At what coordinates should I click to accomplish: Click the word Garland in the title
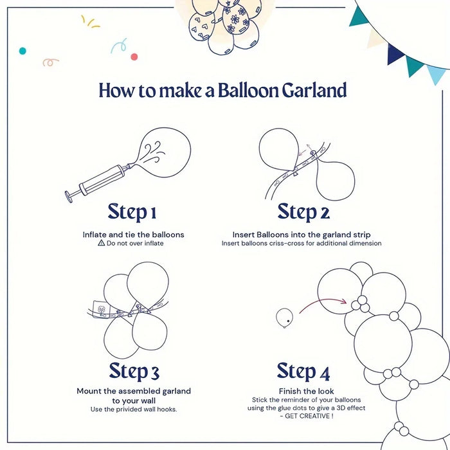point(314,91)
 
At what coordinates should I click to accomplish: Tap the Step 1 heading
point(132,212)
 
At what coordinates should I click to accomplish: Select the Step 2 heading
point(303,212)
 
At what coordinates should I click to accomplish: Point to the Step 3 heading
point(134,371)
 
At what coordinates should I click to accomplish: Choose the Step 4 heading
point(303,371)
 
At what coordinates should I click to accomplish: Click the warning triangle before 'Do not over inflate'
point(101,244)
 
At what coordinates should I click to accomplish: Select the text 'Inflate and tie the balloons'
point(133,235)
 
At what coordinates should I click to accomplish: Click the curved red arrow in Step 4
point(325,302)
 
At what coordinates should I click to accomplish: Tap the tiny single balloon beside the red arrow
point(283,317)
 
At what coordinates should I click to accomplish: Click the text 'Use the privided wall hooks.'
point(134,410)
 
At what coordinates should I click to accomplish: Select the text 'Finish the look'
point(305,391)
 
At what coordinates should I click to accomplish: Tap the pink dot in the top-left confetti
point(134,57)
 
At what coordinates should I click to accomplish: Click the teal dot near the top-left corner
point(22,50)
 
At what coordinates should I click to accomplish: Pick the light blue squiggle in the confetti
point(118,46)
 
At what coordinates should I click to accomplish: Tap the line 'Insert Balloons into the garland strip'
point(301,235)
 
